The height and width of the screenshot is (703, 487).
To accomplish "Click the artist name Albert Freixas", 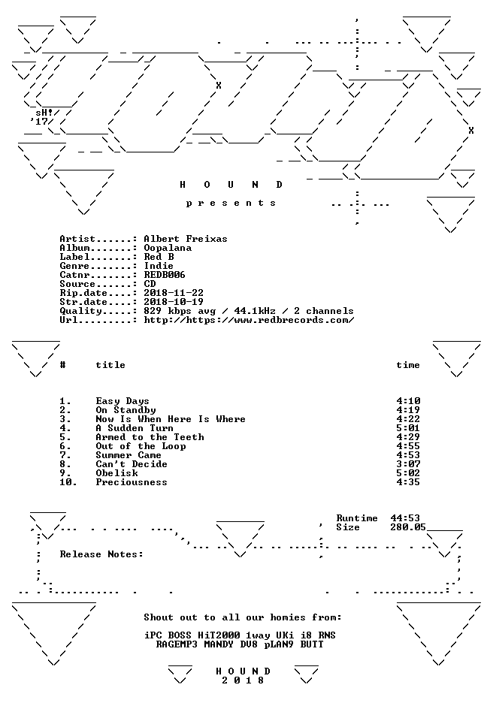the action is point(186,239).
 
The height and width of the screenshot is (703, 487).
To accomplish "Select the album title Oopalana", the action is point(168,248).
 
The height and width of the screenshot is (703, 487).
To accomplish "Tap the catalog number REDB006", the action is point(165,275).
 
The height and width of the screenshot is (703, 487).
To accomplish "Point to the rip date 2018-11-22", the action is point(174,293).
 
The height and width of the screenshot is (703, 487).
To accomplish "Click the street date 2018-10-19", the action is point(174,302).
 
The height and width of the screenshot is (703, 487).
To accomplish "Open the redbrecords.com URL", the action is point(249,320).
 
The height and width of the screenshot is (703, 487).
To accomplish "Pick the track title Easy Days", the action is point(123,401).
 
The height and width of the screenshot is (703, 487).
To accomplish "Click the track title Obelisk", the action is point(116,473).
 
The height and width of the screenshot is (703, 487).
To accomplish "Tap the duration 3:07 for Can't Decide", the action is point(408,464).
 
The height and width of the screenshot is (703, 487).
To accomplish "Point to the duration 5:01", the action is point(408,428).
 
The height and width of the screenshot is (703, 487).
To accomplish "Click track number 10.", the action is point(68,482).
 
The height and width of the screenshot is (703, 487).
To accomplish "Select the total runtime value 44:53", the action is point(405,518).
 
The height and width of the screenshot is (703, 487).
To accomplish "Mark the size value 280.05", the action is point(408,527).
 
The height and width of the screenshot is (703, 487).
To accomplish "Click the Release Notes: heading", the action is point(101,554).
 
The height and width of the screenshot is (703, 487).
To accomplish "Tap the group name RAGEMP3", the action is point(177,644).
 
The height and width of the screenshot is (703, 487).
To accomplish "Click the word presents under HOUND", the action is point(231,204).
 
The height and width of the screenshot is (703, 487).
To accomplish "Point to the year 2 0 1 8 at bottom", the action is point(243,680).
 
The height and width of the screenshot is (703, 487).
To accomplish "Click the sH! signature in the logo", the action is point(44,113).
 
